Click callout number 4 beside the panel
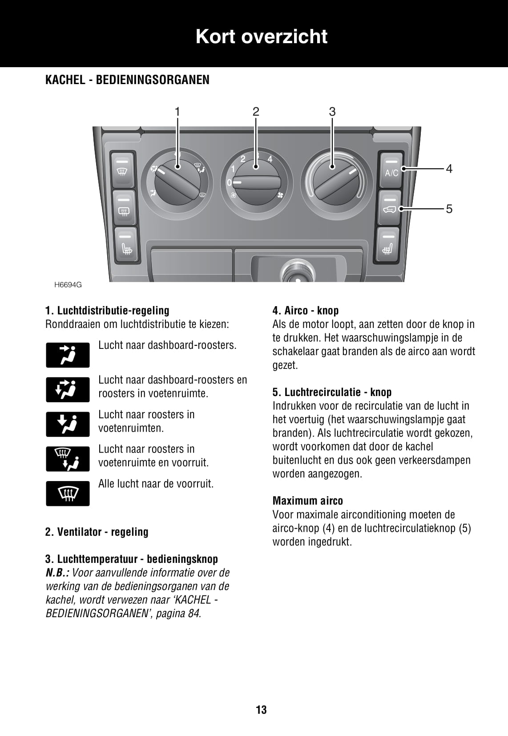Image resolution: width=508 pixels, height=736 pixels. [449, 169]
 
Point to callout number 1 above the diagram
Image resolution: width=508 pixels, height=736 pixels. [177, 112]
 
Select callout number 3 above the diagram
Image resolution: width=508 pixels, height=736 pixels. [332, 112]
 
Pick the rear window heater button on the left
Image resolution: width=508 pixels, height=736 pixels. [124, 208]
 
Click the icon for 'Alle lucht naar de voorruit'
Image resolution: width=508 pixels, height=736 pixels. [68, 493]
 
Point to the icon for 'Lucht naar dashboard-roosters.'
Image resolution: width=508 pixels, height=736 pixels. [68, 355]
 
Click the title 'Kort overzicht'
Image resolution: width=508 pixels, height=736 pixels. [261, 36]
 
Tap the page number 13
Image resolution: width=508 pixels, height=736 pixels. [261, 710]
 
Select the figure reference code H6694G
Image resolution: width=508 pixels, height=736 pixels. [68, 285]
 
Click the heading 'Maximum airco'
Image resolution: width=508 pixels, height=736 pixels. [307, 501]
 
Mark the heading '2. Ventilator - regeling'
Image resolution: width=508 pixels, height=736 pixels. [97, 532]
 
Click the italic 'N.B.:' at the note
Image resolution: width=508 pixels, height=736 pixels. [57, 573]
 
